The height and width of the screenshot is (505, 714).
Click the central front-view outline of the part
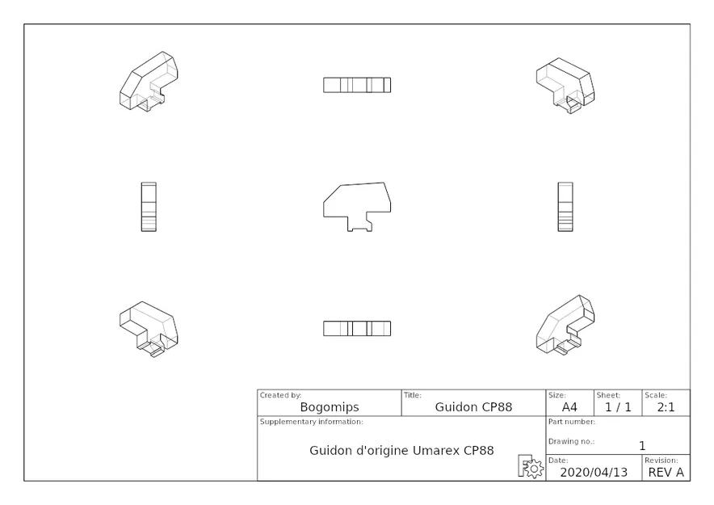357,205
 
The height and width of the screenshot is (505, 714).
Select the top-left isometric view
149,82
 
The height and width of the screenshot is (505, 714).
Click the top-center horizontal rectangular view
357,85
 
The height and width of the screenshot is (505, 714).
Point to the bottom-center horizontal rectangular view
357,329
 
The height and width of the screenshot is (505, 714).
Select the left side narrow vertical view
149,207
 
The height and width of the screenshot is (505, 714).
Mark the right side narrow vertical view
565,207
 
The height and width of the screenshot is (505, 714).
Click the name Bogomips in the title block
330,407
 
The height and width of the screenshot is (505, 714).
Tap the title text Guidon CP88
473,407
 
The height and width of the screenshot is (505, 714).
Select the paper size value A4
569,407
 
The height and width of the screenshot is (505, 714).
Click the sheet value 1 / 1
618,407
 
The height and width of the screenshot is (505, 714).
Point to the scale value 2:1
666,407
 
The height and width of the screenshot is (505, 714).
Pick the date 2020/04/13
593,472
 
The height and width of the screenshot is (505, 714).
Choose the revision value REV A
666,472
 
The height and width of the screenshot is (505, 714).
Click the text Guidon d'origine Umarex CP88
401,450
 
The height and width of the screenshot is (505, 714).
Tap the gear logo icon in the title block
531,467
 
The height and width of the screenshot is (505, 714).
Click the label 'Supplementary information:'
311,422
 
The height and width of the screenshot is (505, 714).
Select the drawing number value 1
642,445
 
